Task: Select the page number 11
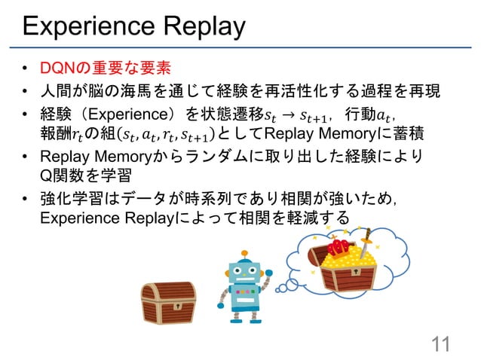[x=439, y=343]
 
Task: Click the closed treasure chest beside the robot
[x=169, y=301]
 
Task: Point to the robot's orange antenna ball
[x=245, y=254]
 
